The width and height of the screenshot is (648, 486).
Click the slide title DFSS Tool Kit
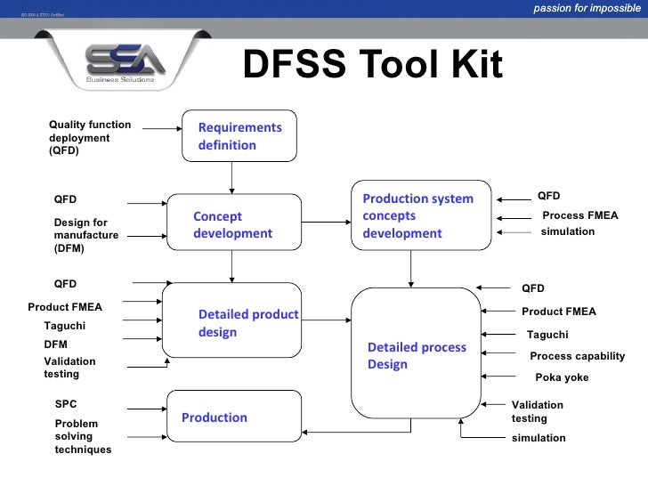(372, 64)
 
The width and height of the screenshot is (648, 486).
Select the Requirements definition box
(239, 136)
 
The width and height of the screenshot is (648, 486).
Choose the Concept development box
(231, 224)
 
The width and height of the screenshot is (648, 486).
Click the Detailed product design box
(231, 323)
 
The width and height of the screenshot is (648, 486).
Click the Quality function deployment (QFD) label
(90, 138)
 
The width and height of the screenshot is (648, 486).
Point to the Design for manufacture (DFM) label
(85, 236)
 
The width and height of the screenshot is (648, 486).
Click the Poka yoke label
(562, 377)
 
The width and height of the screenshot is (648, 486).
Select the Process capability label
(577, 356)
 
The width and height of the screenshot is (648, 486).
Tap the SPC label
(66, 403)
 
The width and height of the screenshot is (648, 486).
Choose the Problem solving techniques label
(83, 437)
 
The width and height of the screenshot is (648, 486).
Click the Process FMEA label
(579, 215)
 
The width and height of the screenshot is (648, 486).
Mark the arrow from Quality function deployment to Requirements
(161, 129)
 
